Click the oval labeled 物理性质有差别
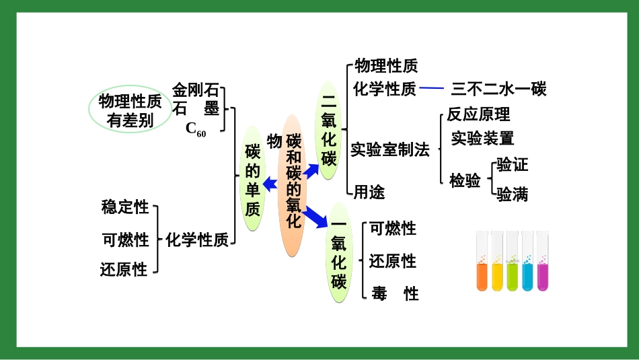(130, 110)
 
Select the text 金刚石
(196, 90)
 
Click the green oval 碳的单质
(252, 179)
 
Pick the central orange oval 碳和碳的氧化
(295, 186)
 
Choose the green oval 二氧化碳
(329, 131)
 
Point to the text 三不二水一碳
(498, 89)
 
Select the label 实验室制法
(389, 150)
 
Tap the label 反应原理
(478, 115)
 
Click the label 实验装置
(482, 139)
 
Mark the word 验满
(513, 194)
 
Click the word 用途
(370, 192)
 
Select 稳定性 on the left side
(124, 207)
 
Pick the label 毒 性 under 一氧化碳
(395, 293)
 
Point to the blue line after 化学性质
(432, 88)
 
